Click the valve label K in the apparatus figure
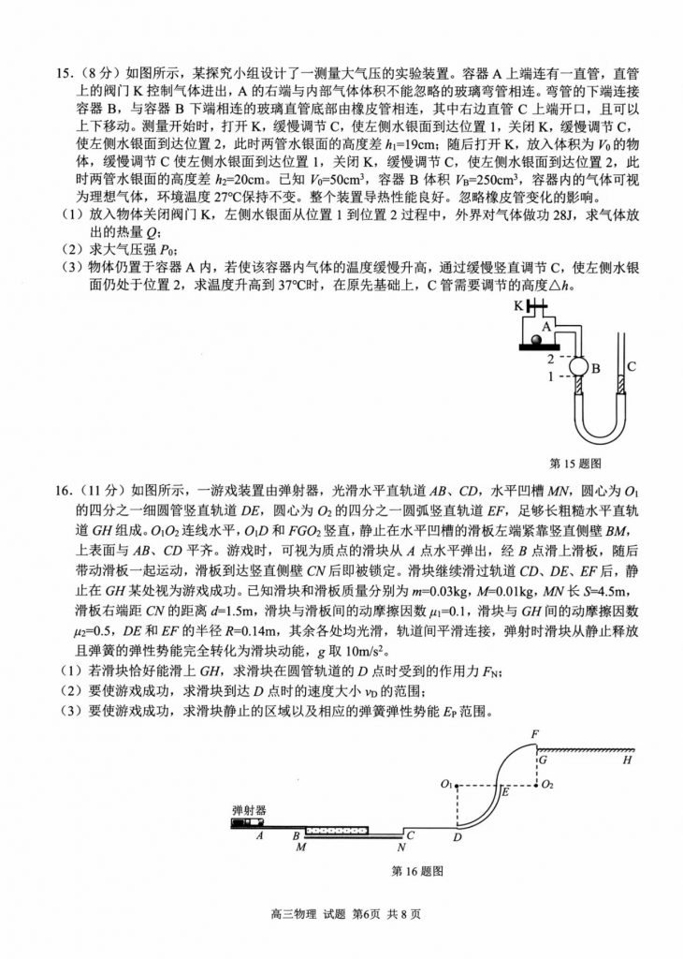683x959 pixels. click(x=517, y=305)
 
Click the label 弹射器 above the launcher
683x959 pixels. click(x=249, y=807)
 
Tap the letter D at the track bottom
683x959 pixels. click(x=458, y=836)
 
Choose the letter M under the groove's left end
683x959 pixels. click(x=301, y=847)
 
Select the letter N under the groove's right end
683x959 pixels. click(x=400, y=847)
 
